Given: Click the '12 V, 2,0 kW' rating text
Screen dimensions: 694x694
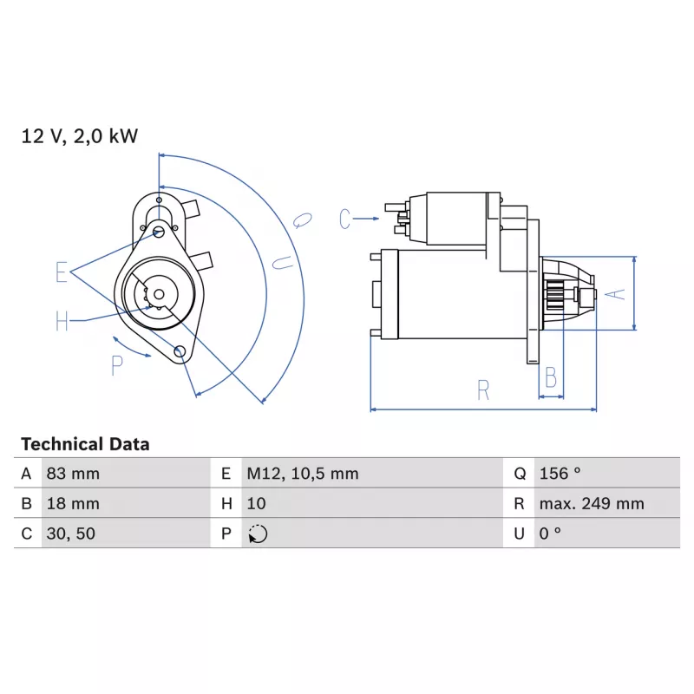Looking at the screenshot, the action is click(x=80, y=136).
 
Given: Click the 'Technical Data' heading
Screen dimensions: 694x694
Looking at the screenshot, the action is click(x=85, y=444).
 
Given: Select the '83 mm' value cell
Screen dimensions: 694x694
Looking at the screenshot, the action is click(x=73, y=474).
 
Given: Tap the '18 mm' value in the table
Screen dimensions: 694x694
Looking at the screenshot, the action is click(x=73, y=504).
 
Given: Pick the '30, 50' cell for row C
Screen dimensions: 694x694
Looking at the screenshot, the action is click(x=71, y=534).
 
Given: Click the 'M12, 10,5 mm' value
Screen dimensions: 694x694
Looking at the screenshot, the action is click(x=302, y=474).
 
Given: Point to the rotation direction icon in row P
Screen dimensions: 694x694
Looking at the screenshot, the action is click(x=258, y=534).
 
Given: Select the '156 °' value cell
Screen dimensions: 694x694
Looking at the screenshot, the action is click(x=560, y=473).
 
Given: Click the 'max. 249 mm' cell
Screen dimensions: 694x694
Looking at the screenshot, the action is click(x=592, y=504).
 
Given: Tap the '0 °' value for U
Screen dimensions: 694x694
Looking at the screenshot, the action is click(x=550, y=533).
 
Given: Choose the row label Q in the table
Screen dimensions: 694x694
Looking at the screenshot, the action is click(x=520, y=474).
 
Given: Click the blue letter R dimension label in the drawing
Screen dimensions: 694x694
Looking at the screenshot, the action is click(x=483, y=390).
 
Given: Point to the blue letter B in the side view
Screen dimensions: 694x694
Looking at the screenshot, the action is click(x=551, y=377).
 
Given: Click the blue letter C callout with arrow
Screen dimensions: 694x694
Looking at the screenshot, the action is click(x=344, y=219).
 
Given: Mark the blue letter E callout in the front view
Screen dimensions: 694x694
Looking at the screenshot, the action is click(x=62, y=272).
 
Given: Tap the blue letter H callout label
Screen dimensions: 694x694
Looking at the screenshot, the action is click(x=62, y=321).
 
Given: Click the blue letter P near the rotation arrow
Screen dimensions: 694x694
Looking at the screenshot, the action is click(x=117, y=366).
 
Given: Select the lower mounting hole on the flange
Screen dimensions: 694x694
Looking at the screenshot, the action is click(x=180, y=351).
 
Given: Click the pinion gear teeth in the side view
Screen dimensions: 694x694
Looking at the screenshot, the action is click(x=554, y=295).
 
